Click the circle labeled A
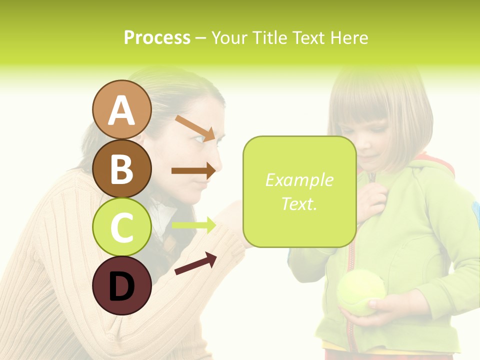pos(122,110)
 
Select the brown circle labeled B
pos(122,168)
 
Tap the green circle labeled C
pos(122,227)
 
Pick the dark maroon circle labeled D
pos(122,285)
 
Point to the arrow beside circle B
pos(193,170)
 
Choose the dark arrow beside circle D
pos(195,263)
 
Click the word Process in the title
pos(157,37)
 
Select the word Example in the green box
pos(299,180)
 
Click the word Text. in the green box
pos(299,203)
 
